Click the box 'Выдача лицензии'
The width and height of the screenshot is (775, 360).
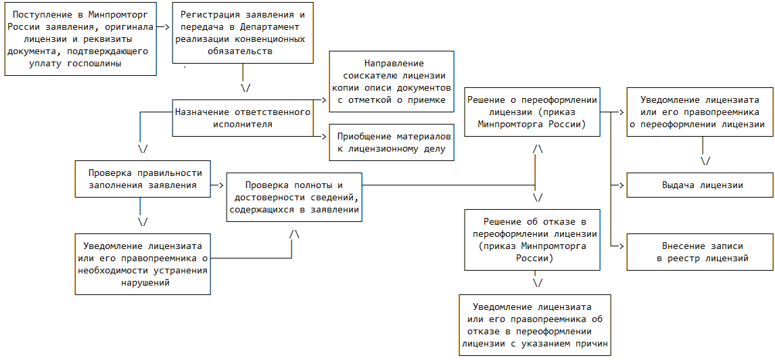point(699,185)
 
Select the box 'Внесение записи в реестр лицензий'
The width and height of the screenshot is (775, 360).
point(699,252)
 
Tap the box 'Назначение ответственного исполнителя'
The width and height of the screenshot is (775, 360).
point(243,118)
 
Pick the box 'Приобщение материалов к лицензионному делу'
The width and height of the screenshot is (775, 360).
point(392,142)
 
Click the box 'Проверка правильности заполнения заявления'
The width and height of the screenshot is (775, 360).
point(143,179)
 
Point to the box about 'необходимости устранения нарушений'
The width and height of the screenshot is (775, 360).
point(143,264)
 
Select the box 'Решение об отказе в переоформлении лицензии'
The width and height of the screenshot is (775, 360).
point(534,240)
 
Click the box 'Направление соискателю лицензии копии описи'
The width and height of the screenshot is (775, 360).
point(392,81)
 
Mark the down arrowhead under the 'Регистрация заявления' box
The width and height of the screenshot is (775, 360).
point(245,87)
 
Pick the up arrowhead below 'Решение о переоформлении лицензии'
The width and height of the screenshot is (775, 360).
point(538,148)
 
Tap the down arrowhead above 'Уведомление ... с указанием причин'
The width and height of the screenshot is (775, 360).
point(538,282)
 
